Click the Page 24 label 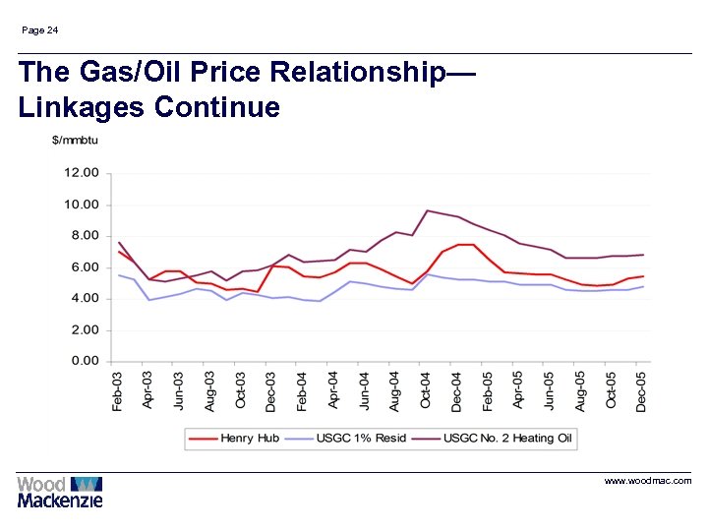click(39, 30)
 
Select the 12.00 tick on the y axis click(82, 173)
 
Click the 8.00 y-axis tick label click(85, 236)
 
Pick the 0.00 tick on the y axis click(85, 361)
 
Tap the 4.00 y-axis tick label click(85, 298)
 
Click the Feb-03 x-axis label click(118, 390)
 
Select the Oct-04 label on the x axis click(426, 390)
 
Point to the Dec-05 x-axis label click(642, 390)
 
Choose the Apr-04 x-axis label click(333, 390)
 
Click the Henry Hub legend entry click(237, 438)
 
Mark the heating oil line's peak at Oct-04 click(427, 210)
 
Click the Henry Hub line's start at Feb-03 click(119, 252)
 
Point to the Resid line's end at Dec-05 click(643, 286)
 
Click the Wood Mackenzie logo click(60, 492)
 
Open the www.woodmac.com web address click(648, 481)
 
